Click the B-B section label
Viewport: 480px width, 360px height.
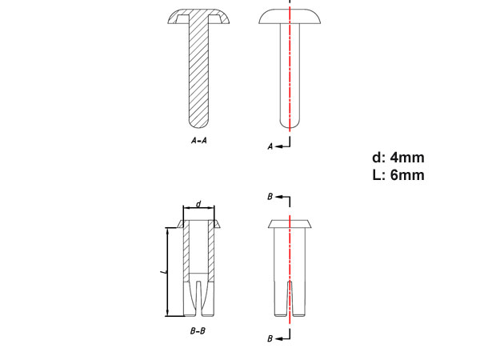tap(199, 330)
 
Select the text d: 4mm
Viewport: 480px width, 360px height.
tap(397, 158)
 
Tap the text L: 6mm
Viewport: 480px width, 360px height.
tap(398, 175)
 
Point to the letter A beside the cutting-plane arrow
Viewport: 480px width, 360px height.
tap(270, 146)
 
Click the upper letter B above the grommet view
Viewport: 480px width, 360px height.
tap(270, 196)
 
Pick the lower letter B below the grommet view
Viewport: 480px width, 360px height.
tap(270, 339)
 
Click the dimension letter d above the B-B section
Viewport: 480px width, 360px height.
tap(198, 203)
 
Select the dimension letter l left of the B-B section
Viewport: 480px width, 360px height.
tap(162, 273)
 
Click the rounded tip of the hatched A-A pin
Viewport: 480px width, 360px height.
tap(199, 122)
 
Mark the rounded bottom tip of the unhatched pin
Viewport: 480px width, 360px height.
tap(289, 123)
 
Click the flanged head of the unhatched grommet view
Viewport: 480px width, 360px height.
tap(289, 222)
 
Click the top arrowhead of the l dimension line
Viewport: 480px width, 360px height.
tap(167, 230)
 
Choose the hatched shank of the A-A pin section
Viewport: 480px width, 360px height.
tap(199, 72)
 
